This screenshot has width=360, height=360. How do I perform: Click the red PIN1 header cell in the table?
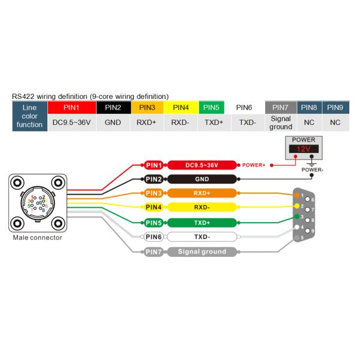71,107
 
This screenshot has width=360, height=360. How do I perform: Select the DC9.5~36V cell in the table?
71,122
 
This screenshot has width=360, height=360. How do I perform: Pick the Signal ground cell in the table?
281,122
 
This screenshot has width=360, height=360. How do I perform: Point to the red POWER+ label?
254,164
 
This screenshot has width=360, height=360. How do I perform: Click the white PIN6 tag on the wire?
153,236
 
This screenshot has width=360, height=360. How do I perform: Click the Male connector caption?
37,238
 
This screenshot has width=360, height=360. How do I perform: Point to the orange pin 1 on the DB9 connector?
296,195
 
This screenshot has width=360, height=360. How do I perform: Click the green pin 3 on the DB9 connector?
296,217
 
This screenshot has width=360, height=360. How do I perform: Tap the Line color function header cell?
29,116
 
